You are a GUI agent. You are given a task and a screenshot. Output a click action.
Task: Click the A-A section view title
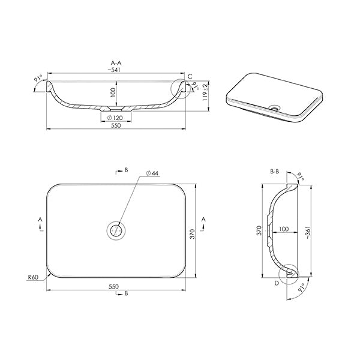click(117, 62)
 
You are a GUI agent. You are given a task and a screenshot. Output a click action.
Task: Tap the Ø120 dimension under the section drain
click(118, 118)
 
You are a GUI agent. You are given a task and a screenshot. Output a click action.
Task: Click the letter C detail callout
click(190, 76)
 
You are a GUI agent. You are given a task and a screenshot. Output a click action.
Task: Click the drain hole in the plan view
click(117, 229)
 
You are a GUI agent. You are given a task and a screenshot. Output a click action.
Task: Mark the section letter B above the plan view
click(126, 170)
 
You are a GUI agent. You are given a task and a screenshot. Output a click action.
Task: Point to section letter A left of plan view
click(40, 220)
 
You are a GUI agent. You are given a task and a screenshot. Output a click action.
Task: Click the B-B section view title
click(275, 171)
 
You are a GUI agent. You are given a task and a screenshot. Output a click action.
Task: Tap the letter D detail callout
click(277, 283)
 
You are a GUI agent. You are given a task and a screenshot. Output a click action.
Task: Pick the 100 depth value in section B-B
click(284, 229)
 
